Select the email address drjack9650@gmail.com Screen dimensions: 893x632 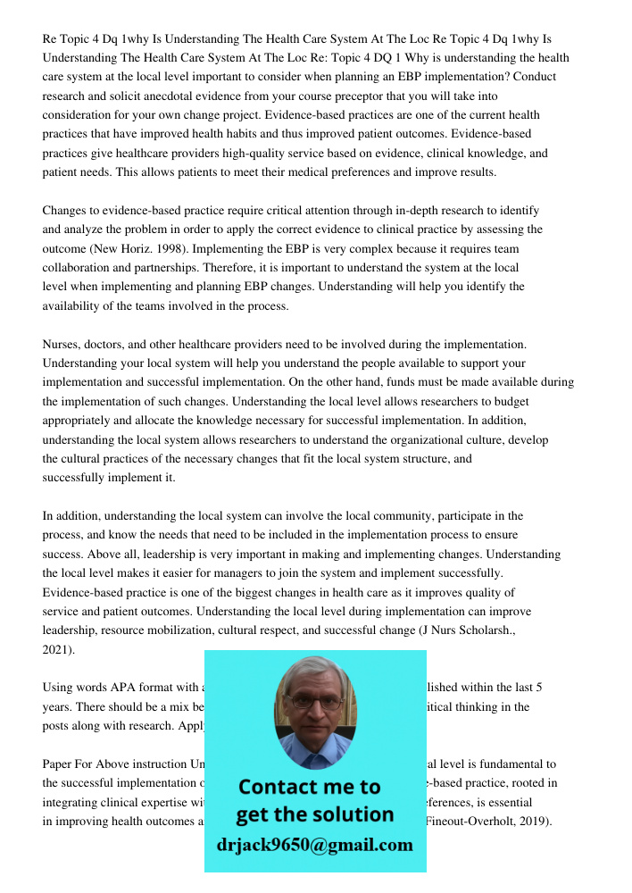coord(315,845)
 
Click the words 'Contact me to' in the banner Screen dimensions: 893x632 coord(310,787)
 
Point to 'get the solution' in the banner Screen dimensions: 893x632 coord(314,814)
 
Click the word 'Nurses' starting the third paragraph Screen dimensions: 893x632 coord(61,344)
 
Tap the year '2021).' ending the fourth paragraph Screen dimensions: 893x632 coord(59,649)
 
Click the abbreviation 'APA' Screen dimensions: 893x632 coord(124,688)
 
